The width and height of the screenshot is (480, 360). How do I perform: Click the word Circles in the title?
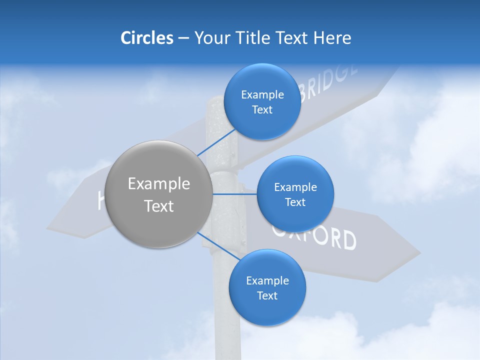click(146, 38)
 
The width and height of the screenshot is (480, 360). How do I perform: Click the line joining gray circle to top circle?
click(216, 142)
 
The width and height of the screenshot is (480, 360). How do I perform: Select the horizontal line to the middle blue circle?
click(234, 194)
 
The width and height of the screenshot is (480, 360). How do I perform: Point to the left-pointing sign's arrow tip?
click(49, 227)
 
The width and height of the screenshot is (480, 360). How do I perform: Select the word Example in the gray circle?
click(159, 184)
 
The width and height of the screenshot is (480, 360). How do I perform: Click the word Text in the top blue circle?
click(262, 110)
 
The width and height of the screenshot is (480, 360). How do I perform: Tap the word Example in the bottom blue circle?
click(267, 281)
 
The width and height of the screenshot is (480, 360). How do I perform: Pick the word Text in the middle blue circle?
click(295, 202)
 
